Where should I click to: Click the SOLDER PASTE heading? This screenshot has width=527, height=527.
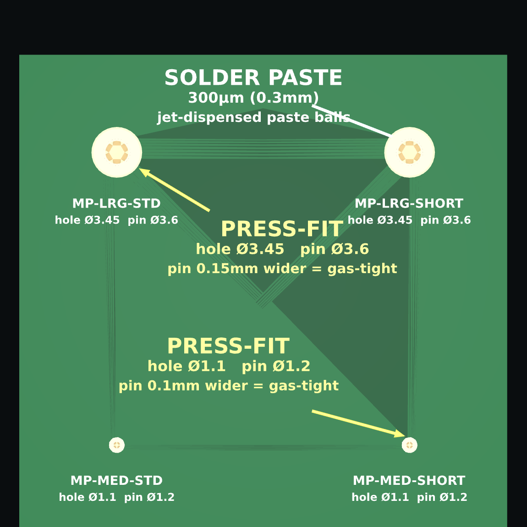pos(253,77)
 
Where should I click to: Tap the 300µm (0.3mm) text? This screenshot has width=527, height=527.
pos(253,98)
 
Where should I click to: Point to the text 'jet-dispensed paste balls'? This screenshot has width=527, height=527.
pos(253,117)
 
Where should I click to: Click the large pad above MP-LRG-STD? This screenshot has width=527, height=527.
pos(116,152)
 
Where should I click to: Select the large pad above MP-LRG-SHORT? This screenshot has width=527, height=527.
pos(409,152)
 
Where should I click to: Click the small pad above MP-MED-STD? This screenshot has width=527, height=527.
pos(116,445)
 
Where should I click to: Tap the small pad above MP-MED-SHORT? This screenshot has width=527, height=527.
pos(409,445)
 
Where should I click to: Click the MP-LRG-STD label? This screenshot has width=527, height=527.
pos(116,203)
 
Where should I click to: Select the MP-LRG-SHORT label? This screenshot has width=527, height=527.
pos(409,203)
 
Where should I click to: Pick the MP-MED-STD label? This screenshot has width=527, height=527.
pos(116,480)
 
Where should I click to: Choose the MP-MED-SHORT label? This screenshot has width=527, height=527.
pos(409,480)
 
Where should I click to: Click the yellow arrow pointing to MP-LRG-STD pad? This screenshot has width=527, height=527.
pos(175,190)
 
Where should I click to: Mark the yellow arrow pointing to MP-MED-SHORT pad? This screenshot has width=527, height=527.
pos(359,423)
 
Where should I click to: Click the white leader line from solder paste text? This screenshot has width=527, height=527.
pos(352,121)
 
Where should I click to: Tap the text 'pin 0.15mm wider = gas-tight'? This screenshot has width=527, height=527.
pos(282,269)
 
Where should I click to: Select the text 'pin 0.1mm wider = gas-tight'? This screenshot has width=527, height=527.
pos(229,385)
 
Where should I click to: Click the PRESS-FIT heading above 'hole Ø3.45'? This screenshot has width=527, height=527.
pos(282,229)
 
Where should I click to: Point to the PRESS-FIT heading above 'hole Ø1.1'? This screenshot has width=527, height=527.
pos(229,346)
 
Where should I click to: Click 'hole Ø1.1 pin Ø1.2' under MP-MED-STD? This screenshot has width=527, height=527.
pos(116,497)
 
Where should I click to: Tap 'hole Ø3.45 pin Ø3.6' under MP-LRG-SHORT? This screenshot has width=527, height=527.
pos(409,220)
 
